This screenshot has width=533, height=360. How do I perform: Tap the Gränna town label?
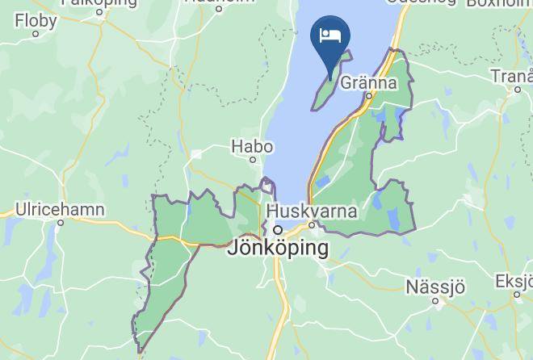pyautogui.click(x=368, y=82)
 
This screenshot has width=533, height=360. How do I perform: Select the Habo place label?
pyautogui.click(x=252, y=146)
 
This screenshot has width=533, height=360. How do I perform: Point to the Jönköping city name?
pyautogui.click(x=278, y=248)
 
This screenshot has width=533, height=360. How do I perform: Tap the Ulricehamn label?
pyautogui.click(x=60, y=209)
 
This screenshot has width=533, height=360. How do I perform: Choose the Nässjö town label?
pyautogui.click(x=435, y=287)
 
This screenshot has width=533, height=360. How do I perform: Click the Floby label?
pyautogui.click(x=35, y=19)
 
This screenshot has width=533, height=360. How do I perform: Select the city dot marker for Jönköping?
pyautogui.click(x=277, y=230)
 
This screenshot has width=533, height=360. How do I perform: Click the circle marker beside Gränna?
pyautogui.click(x=369, y=96)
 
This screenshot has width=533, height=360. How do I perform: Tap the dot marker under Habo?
pyautogui.click(x=253, y=160)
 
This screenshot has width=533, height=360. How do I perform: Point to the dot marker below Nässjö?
pyautogui.click(x=435, y=301)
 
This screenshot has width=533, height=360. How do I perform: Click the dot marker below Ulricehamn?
pyautogui.click(x=60, y=223)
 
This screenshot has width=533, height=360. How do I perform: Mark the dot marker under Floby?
pyautogui.click(x=35, y=33)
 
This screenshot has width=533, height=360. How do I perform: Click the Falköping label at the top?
pyautogui.click(x=99, y=2)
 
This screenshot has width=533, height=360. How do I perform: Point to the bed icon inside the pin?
pyautogui.click(x=329, y=35)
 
